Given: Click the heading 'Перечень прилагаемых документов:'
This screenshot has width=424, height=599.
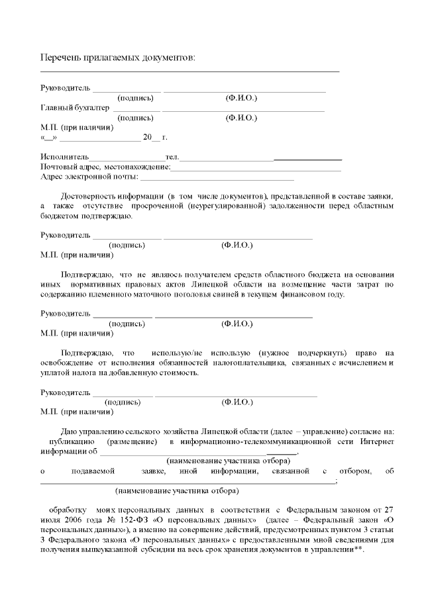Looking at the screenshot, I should [119, 58].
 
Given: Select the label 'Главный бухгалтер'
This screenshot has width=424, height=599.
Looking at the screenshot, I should [74, 108].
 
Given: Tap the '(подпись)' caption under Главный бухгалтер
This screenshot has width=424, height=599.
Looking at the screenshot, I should [135, 118].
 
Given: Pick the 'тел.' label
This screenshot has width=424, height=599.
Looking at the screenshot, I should [172, 157].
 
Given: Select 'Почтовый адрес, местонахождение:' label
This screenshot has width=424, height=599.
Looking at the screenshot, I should [105, 167].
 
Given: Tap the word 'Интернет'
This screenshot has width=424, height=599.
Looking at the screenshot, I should [378, 441].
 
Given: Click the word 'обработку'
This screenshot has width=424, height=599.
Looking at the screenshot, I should [68, 510].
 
